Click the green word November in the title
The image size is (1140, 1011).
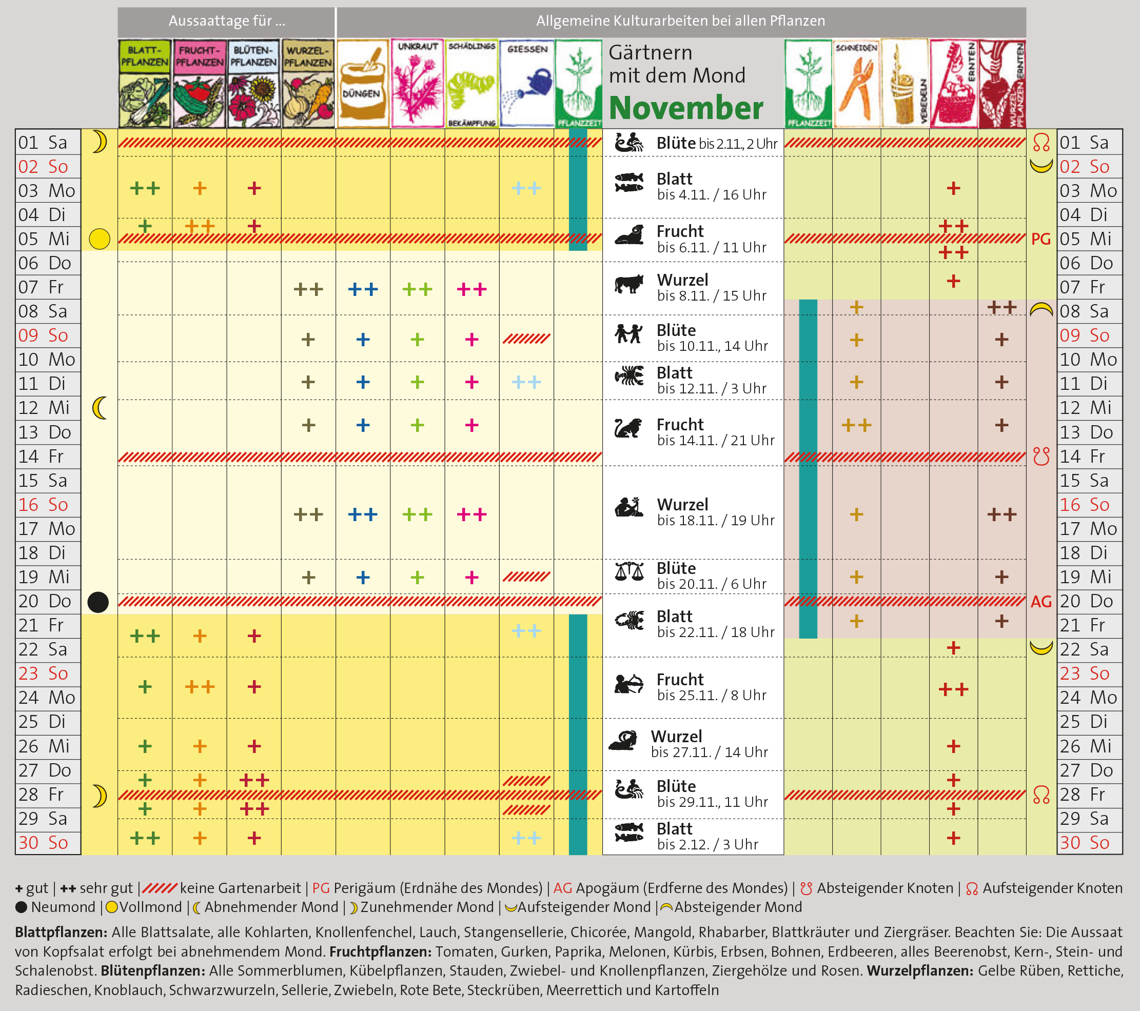[685, 108]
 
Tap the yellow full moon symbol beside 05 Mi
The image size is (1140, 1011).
[100, 239]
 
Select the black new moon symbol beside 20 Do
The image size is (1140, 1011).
[98, 602]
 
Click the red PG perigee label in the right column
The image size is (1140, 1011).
[1040, 239]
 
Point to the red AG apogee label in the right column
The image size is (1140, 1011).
[1040, 602]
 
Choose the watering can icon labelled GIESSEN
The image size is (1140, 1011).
[526, 84]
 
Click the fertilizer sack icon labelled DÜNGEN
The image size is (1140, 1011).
[363, 84]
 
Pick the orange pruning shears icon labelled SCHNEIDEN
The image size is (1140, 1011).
[856, 84]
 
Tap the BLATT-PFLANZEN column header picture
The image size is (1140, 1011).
[145, 84]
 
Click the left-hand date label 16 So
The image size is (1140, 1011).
[44, 505]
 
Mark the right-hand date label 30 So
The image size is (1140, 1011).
[1084, 843]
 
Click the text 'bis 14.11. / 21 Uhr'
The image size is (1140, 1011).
[716, 441]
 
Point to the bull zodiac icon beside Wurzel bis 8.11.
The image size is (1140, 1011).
[629, 284]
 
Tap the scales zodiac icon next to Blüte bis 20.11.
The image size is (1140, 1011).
[629, 571]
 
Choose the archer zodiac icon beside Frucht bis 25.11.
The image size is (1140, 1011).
[628, 684]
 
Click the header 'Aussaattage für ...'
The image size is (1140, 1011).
[226, 21]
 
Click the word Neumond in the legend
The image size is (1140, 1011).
[63, 907]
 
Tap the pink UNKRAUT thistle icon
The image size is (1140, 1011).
[417, 84]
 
